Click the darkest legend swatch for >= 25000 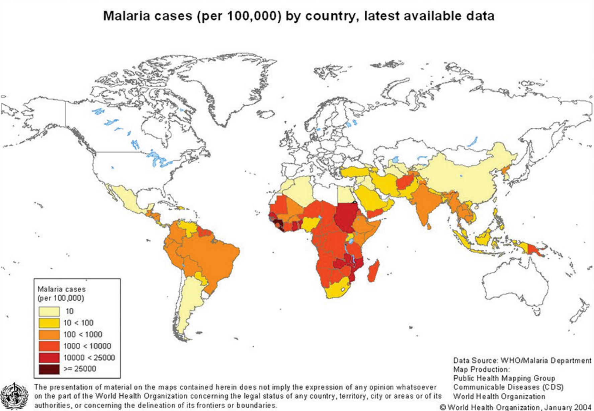click(x=49, y=369)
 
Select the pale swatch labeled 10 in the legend click(x=49, y=311)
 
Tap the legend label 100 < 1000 click(x=83, y=334)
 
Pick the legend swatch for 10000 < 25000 click(x=49, y=357)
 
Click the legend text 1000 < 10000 click(x=87, y=346)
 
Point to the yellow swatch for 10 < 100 click(x=49, y=323)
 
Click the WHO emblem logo click(x=14, y=397)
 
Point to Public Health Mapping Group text click(x=504, y=378)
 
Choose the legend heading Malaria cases click(x=62, y=289)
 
